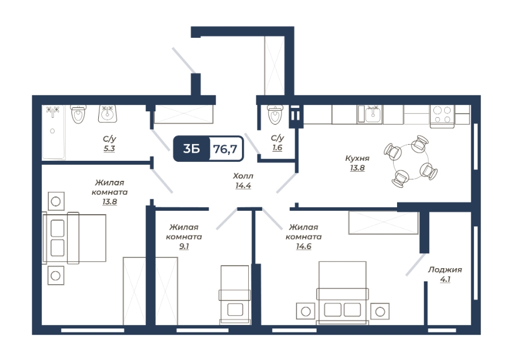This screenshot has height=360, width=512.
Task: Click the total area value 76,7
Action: coord(225,149)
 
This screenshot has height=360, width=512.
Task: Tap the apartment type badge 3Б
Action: coord(191,149)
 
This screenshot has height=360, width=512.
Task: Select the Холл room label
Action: coord(243,176)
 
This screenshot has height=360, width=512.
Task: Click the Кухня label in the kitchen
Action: coord(357,158)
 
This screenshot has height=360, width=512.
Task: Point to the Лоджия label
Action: coord(445,270)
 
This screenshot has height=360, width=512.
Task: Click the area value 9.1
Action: coord(184,246)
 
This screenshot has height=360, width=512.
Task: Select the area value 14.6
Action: coord(303,246)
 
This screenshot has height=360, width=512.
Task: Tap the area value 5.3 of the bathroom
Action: coord(109,149)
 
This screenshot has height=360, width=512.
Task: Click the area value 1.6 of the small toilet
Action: coord(277,148)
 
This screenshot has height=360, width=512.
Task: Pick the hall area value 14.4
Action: coord(243,185)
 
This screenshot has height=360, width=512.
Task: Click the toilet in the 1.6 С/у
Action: coord(275,115)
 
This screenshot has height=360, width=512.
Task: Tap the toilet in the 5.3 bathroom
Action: coord(78,114)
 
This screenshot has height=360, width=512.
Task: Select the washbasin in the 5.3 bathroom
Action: coord(108,114)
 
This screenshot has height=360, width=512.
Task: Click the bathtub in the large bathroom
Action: coord(53,132)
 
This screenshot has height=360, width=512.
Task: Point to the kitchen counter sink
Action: coord(370,114)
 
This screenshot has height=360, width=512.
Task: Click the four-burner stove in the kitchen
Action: coord(442,115)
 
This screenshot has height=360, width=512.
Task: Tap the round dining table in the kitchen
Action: coord(410,161)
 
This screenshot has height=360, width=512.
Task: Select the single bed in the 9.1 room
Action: coord(235,295)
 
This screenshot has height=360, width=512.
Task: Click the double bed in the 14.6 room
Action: coord(342,293)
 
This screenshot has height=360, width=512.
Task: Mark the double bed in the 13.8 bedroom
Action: coord(75,238)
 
